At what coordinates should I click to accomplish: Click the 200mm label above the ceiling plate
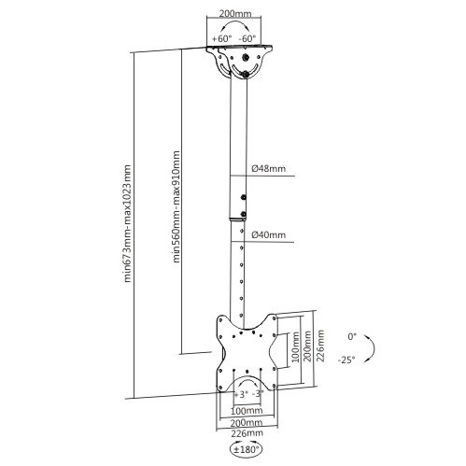pos(235,14)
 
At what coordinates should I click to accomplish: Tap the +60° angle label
pos(222,38)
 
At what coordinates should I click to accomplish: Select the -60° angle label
pos(247,38)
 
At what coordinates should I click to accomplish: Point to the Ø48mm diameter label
pos(268,169)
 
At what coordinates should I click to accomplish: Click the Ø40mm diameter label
pos(268,234)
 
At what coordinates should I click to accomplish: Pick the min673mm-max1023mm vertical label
pos(127,223)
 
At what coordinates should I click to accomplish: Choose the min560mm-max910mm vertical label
pos(177,207)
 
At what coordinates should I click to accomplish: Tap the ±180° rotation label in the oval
pos(246,449)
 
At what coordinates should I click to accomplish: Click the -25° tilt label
pos(346,360)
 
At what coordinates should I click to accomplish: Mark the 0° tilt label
pos(352,336)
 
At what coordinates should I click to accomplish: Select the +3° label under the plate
pos(240,394)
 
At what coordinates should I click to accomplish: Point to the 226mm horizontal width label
pos(247,433)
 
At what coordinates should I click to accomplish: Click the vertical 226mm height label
pos(320,346)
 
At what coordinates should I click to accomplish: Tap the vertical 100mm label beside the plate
pos(295,346)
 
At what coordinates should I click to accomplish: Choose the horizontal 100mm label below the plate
pos(247,411)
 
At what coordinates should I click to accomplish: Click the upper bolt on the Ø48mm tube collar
pos(243,197)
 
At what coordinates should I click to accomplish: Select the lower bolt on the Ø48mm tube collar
pos(243,214)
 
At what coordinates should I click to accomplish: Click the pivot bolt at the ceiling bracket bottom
pos(246,74)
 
